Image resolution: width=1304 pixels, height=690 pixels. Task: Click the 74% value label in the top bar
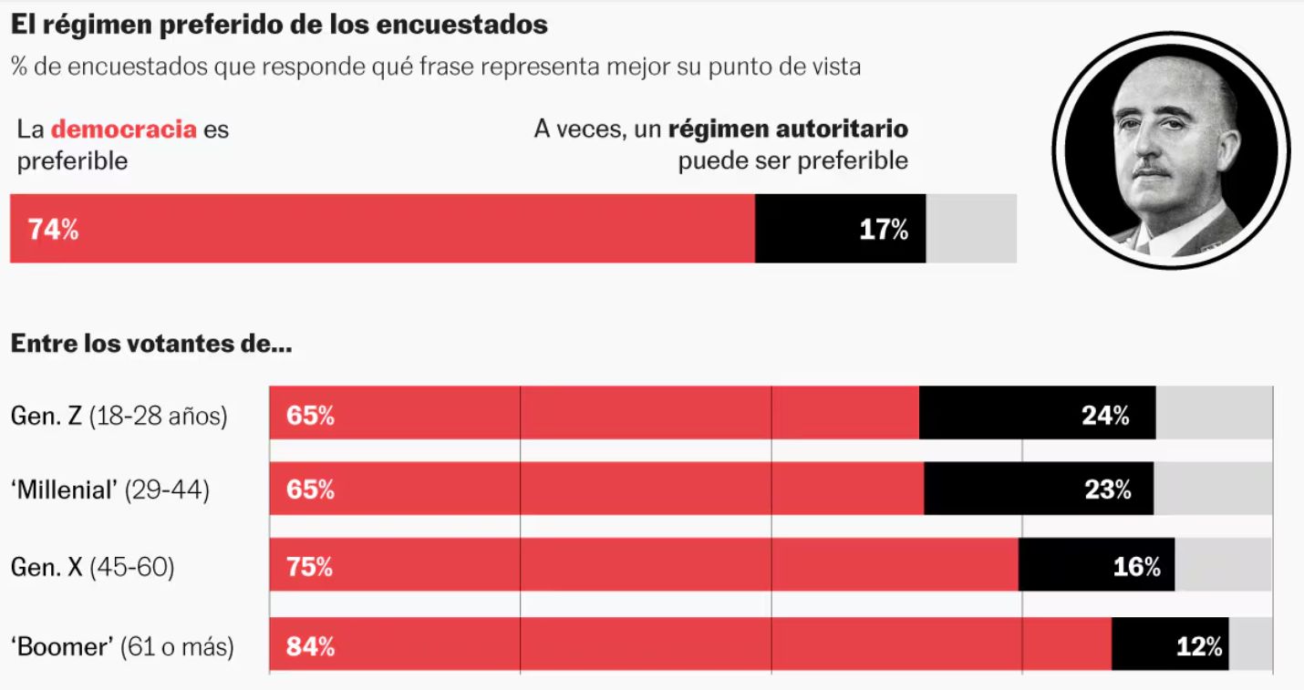pyautogui.click(x=53, y=230)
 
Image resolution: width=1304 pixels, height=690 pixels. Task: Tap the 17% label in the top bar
pyautogui.click(x=884, y=230)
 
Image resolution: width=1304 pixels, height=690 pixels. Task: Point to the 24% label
pyautogui.click(x=1105, y=416)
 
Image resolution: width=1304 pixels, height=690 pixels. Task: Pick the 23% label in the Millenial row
pyautogui.click(x=1107, y=490)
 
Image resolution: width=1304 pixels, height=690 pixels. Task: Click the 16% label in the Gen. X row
pyautogui.click(x=1136, y=567)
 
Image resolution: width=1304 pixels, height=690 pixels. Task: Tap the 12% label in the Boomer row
pyautogui.click(x=1199, y=647)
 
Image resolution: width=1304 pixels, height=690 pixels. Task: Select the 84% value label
pyautogui.click(x=310, y=647)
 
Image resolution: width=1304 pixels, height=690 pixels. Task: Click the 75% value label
pyautogui.click(x=310, y=567)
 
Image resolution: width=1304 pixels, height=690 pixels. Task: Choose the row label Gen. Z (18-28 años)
pyautogui.click(x=119, y=417)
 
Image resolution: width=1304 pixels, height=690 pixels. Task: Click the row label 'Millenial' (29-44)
pyautogui.click(x=110, y=490)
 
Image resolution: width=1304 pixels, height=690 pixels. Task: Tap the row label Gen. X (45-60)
pyautogui.click(x=92, y=567)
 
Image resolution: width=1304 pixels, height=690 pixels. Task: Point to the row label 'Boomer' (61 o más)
pyautogui.click(x=122, y=647)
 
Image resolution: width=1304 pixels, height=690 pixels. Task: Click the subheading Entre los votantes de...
pyautogui.click(x=150, y=345)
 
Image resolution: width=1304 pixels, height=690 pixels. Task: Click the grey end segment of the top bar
pyautogui.click(x=971, y=229)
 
